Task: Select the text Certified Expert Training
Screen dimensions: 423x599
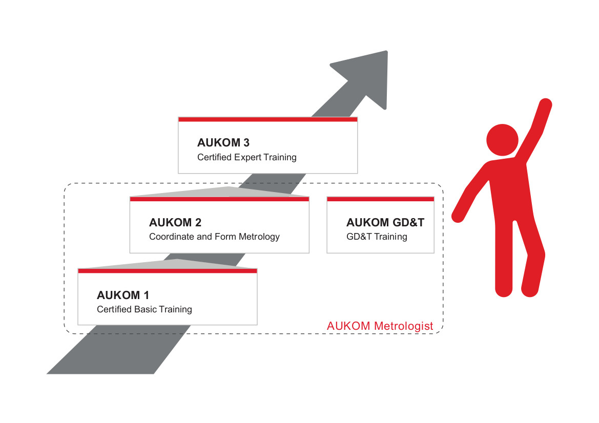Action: pos(246,157)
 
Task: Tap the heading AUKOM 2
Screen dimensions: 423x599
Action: pos(175,223)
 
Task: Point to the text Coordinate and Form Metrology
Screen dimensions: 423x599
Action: pos(214,237)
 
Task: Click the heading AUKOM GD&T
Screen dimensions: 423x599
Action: pos(385,223)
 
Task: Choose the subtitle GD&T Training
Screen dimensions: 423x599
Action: pos(377,237)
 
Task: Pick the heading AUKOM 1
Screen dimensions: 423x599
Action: pos(122,295)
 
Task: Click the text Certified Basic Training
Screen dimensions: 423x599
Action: pos(144,309)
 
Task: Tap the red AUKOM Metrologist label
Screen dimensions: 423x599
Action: pos(380,326)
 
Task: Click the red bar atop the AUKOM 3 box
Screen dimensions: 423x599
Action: pos(267,119)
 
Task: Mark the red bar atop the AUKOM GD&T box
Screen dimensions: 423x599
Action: pos(380,199)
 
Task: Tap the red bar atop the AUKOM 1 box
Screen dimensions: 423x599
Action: pos(167,270)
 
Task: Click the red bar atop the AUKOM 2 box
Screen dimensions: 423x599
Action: pos(219,199)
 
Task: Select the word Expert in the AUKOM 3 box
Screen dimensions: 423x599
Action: pos(247,157)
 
